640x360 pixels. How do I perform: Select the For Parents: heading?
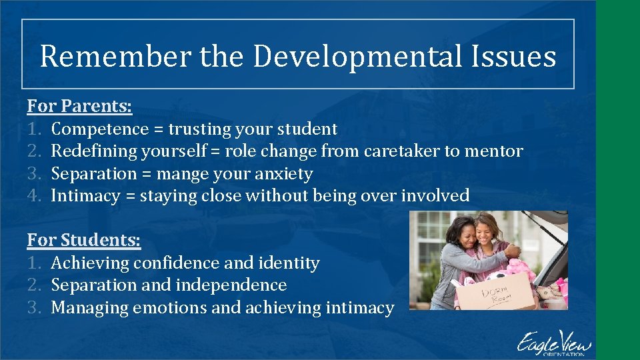79,106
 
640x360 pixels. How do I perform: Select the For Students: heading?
84,240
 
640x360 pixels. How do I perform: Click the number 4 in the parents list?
34,196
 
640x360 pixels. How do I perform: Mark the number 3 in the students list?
34,307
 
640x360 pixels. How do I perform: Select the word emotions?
170,307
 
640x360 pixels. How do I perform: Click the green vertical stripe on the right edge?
618,180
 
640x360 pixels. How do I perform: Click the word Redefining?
94,151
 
